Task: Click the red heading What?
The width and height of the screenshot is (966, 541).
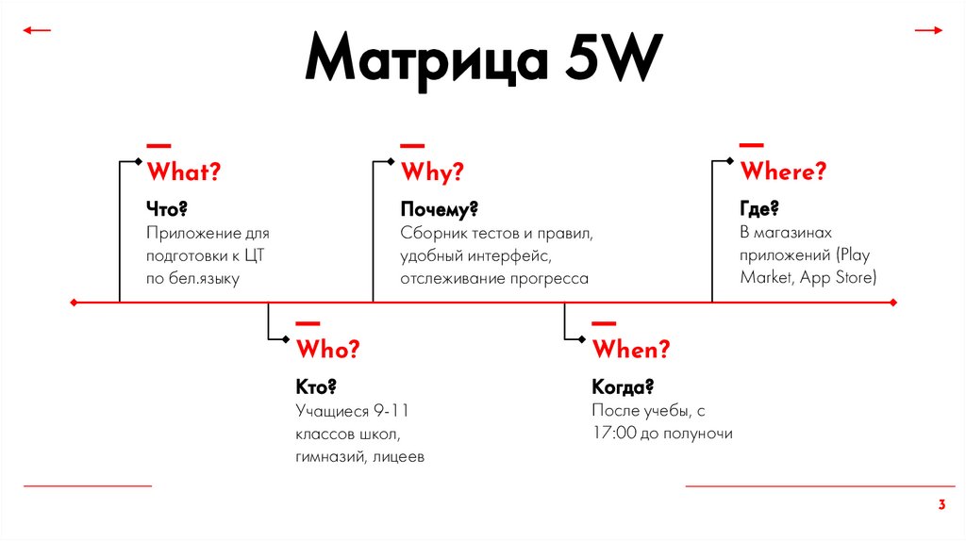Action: click(x=183, y=172)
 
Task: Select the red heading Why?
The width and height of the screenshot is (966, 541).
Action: click(x=432, y=172)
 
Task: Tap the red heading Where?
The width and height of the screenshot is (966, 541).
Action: click(x=783, y=172)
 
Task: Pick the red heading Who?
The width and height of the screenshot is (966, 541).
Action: click(x=327, y=349)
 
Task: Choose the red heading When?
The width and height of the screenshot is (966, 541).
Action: click(x=630, y=349)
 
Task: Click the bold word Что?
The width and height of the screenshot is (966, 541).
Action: click(x=167, y=207)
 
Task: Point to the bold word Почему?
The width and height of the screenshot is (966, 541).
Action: click(x=439, y=207)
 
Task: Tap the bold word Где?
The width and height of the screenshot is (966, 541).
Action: click(x=758, y=207)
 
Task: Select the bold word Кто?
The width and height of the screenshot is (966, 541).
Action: click(x=316, y=386)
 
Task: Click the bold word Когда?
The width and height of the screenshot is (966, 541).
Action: click(x=623, y=386)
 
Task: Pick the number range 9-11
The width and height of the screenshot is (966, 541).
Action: click(x=391, y=411)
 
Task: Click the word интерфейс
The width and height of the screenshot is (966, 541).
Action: click(x=504, y=255)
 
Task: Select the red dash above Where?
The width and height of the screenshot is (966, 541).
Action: click(x=751, y=145)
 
